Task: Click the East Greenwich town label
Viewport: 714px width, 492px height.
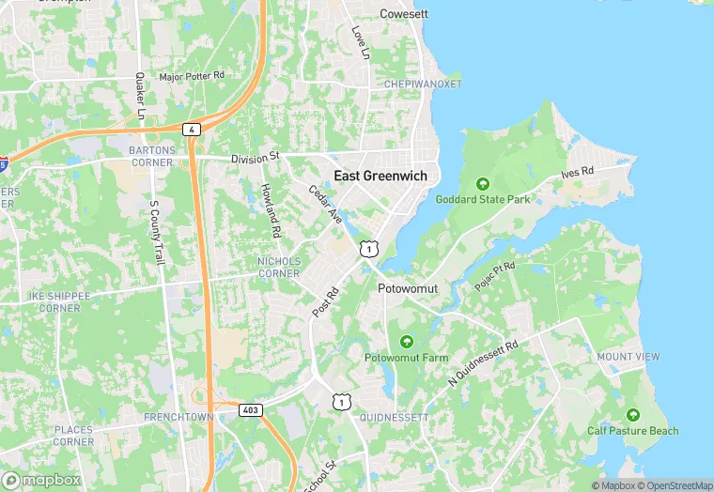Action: click(380, 176)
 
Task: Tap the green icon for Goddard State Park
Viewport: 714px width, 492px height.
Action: click(483, 183)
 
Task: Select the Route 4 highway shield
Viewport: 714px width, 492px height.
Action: click(192, 129)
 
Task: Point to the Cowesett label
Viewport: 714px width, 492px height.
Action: click(403, 14)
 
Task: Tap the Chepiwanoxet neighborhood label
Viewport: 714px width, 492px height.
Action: click(423, 84)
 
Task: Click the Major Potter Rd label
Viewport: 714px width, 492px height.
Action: click(193, 75)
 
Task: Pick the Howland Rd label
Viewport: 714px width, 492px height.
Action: click(272, 209)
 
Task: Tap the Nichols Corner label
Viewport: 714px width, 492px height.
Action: click(279, 267)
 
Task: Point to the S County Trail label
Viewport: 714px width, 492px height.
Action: click(157, 231)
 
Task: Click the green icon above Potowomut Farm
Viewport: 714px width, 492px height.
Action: click(406, 341)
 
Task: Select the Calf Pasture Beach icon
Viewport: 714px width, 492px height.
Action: click(632, 414)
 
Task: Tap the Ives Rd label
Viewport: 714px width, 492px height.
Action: click(578, 174)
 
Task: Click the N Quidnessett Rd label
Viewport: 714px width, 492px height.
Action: click(484, 363)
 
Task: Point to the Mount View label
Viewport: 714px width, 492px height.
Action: click(628, 357)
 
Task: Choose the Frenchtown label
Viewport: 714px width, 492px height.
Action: click(174, 415)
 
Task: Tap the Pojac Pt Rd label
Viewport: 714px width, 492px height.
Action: click(495, 275)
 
